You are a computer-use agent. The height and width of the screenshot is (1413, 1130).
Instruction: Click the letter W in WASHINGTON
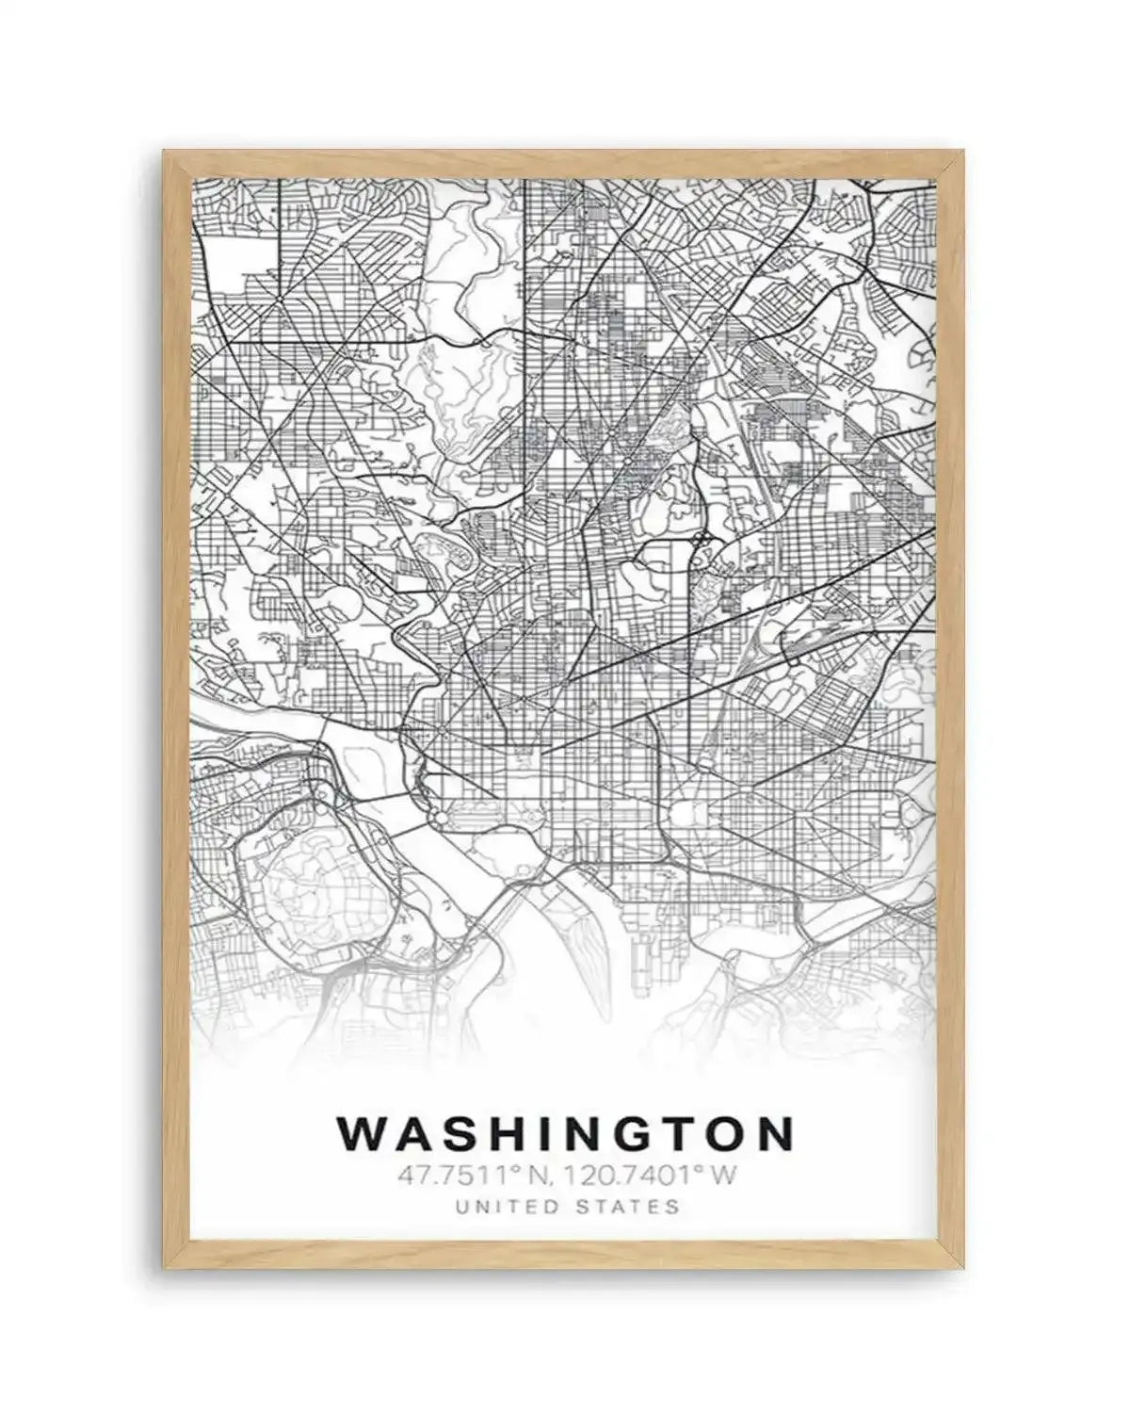click(x=362, y=1134)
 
